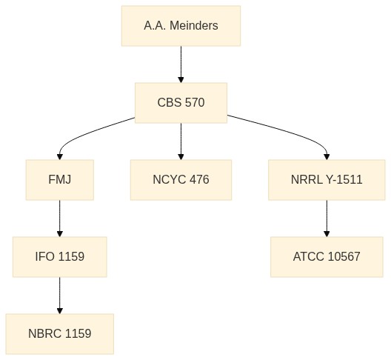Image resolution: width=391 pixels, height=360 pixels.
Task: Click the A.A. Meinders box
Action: point(181,26)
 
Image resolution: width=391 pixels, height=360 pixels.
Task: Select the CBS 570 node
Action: point(181,103)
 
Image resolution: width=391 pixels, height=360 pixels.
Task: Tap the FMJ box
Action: point(60,180)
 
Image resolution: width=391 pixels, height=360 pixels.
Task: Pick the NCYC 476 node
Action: point(181,180)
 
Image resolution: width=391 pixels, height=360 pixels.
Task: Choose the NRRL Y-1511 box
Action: point(327,180)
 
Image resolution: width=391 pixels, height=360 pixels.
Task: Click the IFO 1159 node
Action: point(60,257)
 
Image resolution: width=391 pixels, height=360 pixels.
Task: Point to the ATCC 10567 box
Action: point(327,257)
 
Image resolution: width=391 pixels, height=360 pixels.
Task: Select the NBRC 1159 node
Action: point(60,334)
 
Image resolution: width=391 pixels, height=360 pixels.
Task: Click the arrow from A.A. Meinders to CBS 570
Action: point(181,64)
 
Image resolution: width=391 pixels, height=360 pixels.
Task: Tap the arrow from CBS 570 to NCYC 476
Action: point(181,141)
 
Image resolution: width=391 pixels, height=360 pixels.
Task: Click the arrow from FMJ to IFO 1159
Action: point(60,219)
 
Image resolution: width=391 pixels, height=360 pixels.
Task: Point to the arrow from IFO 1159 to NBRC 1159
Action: point(60,296)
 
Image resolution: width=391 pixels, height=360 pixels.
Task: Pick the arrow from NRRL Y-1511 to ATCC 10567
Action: point(327,219)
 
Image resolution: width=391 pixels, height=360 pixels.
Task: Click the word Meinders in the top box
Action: point(194,26)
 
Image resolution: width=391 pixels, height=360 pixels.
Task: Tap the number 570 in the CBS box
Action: point(195,102)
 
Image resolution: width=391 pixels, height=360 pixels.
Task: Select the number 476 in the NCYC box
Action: point(199,179)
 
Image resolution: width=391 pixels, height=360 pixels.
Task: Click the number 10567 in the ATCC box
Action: point(344,257)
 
